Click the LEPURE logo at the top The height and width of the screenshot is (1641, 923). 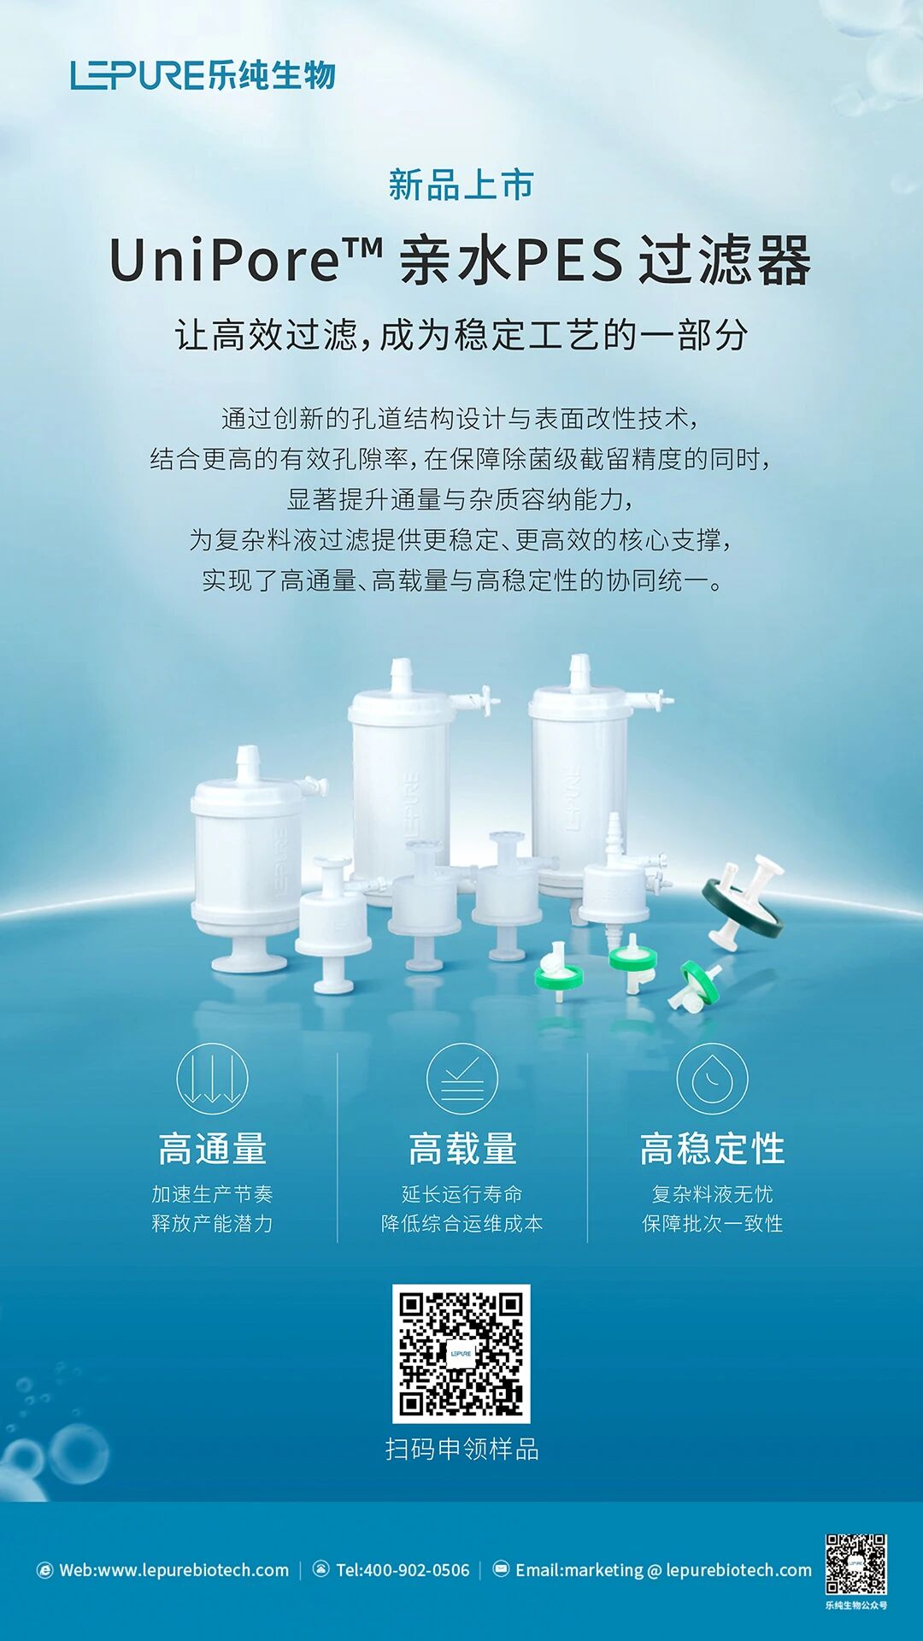click(x=203, y=75)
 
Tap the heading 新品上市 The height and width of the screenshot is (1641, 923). click(x=461, y=185)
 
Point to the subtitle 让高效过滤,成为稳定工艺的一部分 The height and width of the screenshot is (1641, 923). click(x=461, y=334)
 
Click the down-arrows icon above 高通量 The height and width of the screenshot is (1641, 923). click(x=212, y=1079)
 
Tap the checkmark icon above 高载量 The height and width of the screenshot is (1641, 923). click(x=461, y=1079)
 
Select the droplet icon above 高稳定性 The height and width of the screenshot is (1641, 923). click(x=712, y=1079)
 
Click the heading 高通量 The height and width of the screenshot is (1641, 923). click(x=212, y=1149)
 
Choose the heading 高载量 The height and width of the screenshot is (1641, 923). click(x=461, y=1149)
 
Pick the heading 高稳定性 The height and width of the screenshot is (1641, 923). click(x=712, y=1149)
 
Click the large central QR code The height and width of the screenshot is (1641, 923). click(x=461, y=1354)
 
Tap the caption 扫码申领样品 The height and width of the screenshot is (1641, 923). click(x=461, y=1450)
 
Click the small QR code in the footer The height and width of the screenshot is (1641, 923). click(x=855, y=1564)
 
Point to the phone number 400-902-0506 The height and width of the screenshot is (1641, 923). click(x=417, y=1570)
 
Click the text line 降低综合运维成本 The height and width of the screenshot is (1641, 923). click(x=461, y=1224)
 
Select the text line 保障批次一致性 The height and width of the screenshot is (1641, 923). click(x=712, y=1224)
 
